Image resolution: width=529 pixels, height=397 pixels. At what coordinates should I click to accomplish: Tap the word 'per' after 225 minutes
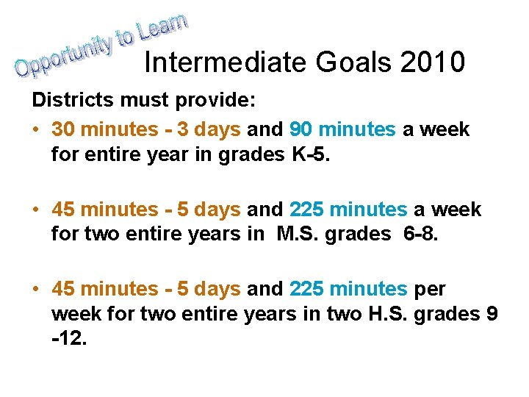(430, 289)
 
